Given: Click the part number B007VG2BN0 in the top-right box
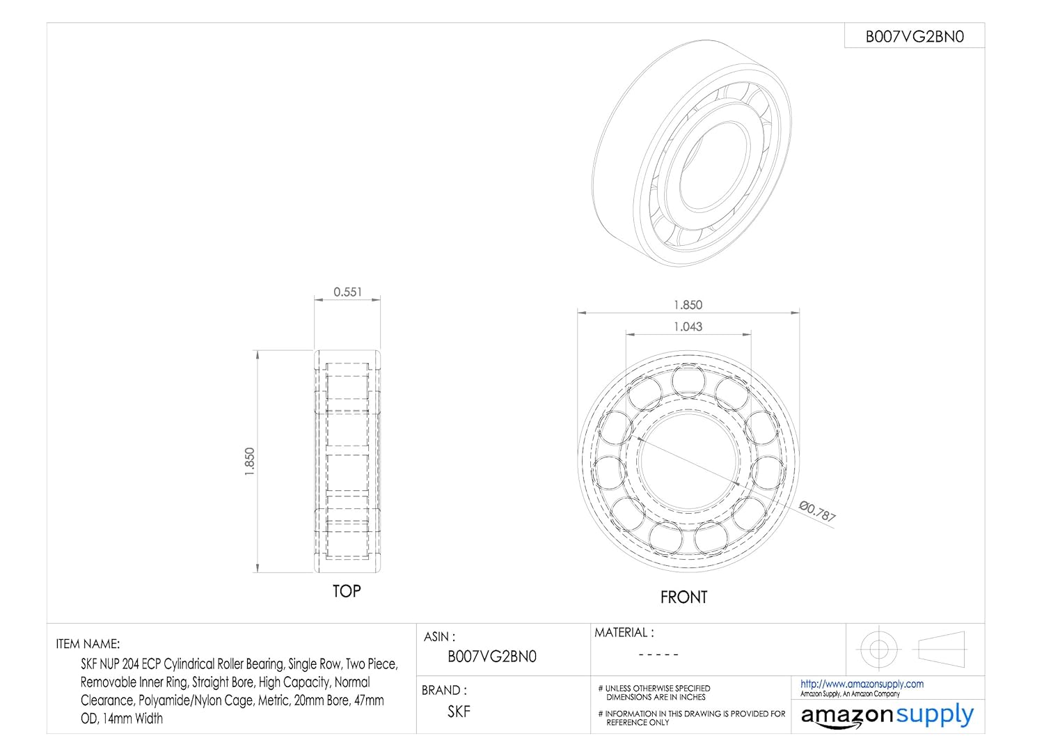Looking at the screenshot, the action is coord(915,36).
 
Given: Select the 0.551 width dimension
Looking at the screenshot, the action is coord(347,292).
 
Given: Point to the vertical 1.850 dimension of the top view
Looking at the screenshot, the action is coord(250,461).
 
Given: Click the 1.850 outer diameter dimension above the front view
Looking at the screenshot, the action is coord(688,305).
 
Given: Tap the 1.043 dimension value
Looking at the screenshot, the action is coord(688,327).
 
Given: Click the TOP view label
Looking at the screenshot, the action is coord(347,591).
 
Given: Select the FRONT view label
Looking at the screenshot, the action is coord(683,597).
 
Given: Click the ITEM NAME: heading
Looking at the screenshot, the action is coord(88,644).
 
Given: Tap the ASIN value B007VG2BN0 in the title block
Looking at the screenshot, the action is coord(492,657).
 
